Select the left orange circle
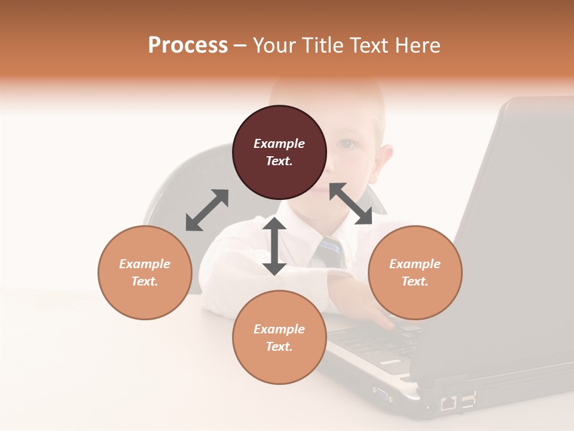pos(145,272)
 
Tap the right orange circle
pos(415,272)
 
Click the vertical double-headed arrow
pos(274,246)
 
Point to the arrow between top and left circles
pos(207,210)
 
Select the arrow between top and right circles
pos(350,204)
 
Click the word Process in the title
pos(188,45)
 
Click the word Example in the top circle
pos(279,144)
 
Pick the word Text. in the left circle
pos(145,281)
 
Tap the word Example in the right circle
pos(415,264)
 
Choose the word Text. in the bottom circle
pos(279,347)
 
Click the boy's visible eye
pos(346,144)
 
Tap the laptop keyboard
pos(377,344)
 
